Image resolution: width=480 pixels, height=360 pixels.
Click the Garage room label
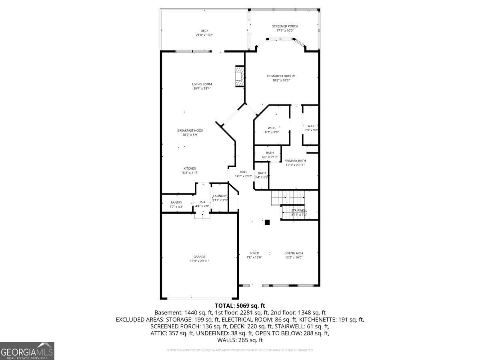tap(199, 257)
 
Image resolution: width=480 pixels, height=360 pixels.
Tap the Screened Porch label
tap(285, 26)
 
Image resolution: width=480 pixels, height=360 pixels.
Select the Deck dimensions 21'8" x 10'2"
tap(204, 35)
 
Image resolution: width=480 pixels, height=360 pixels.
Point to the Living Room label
tap(202, 84)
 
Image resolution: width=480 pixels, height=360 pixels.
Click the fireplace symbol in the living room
tap(239, 76)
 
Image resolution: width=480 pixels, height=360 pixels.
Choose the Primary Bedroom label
tap(281, 76)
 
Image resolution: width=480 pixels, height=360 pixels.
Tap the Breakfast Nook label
tap(190, 130)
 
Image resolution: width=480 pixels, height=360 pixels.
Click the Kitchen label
tap(190, 168)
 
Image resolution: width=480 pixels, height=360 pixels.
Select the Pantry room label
tap(176, 202)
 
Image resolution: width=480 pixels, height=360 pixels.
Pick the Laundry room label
tap(220, 196)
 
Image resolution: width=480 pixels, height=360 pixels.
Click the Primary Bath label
tap(295, 161)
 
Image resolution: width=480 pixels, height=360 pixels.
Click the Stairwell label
tap(299, 210)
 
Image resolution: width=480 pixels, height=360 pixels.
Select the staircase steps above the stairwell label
tap(288, 197)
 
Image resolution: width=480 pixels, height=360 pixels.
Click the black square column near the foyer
tap(267, 222)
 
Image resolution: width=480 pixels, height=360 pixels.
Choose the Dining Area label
tap(294, 253)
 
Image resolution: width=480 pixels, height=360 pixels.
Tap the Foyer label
tap(254, 253)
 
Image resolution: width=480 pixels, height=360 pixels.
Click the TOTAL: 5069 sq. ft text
tap(240, 306)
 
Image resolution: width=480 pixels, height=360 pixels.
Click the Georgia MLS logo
tap(27, 351)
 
